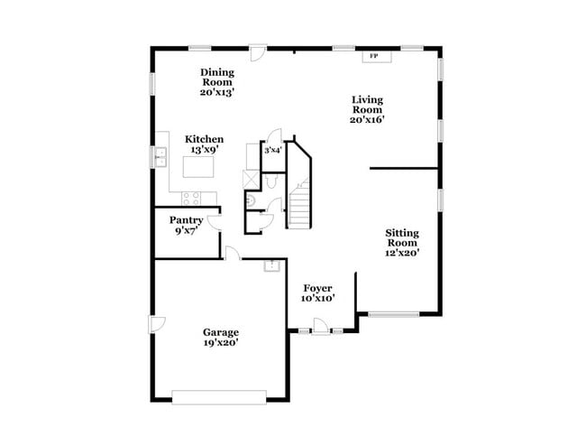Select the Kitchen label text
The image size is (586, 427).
click(205, 144)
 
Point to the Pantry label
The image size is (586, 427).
click(187, 225)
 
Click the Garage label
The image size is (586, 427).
click(221, 338)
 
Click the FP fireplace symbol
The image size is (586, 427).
click(373, 56)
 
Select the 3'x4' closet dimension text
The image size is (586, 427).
click(272, 150)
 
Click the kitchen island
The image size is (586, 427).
click(198, 167)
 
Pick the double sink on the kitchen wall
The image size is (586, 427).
click(161, 158)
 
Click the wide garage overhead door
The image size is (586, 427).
click(219, 395)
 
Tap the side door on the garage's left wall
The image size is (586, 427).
click(156, 325)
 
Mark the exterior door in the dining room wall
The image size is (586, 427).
click(259, 51)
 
